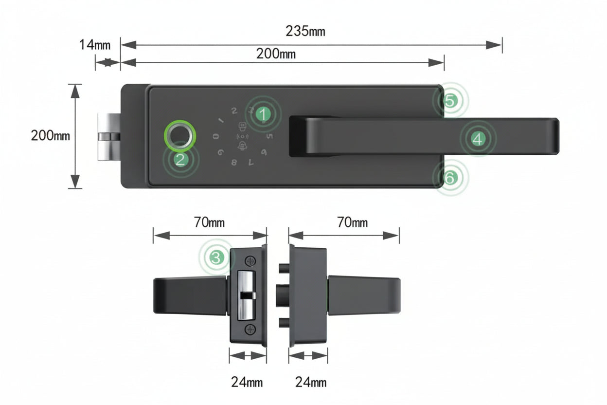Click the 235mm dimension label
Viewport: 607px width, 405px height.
click(x=305, y=32)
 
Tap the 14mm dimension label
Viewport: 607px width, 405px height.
click(x=95, y=45)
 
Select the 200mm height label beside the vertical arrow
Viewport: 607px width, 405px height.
click(x=51, y=135)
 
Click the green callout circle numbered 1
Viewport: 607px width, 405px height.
click(x=263, y=115)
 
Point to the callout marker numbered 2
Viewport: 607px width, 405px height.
click(x=180, y=160)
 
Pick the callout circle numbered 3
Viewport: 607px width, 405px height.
click(x=216, y=257)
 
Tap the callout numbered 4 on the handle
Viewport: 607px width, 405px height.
click(x=478, y=139)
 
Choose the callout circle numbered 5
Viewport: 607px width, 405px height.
click(x=450, y=101)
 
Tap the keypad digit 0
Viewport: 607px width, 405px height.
click(x=215, y=137)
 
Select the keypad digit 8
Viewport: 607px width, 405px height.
click(x=234, y=163)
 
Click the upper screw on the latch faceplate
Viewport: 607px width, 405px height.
click(x=250, y=261)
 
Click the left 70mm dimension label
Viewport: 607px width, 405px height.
click(x=210, y=223)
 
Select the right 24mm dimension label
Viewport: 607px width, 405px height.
click(x=311, y=382)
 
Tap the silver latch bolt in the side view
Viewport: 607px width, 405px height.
click(x=246, y=295)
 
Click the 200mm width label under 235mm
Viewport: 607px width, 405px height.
click(x=276, y=54)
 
